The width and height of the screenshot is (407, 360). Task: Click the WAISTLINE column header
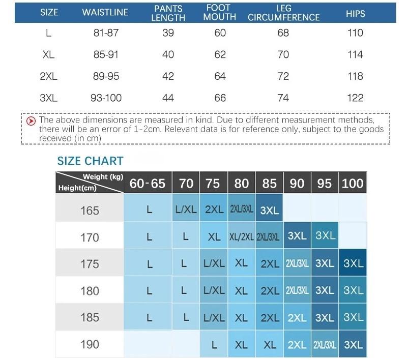tap(105, 13)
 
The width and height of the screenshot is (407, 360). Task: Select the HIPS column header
tap(355, 13)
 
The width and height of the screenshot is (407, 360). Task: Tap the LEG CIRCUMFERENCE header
tap(283, 13)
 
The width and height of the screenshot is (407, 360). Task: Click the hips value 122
tap(355, 98)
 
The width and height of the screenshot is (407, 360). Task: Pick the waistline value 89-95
tap(106, 76)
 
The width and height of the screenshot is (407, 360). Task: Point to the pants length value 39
tap(168, 33)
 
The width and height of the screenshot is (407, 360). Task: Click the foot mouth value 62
tap(220, 54)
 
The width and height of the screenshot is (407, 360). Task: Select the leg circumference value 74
tap(283, 98)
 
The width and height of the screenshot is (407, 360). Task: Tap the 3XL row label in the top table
tap(49, 98)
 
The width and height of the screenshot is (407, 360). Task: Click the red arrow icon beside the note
tap(31, 121)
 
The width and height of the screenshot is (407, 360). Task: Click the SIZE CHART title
tap(90, 161)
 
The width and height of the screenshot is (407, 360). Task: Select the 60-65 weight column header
tap(148, 184)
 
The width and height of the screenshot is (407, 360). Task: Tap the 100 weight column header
tap(353, 184)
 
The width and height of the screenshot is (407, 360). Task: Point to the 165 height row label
tap(90, 210)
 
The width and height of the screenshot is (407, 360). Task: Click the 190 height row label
tap(90, 344)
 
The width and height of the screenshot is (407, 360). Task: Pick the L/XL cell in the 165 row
tap(186, 209)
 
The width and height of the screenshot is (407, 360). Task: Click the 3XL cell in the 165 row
tap(269, 210)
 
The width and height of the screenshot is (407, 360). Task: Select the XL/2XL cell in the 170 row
tap(242, 236)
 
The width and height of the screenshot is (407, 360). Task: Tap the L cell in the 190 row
tap(214, 345)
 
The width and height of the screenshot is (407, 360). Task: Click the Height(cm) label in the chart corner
tap(77, 188)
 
